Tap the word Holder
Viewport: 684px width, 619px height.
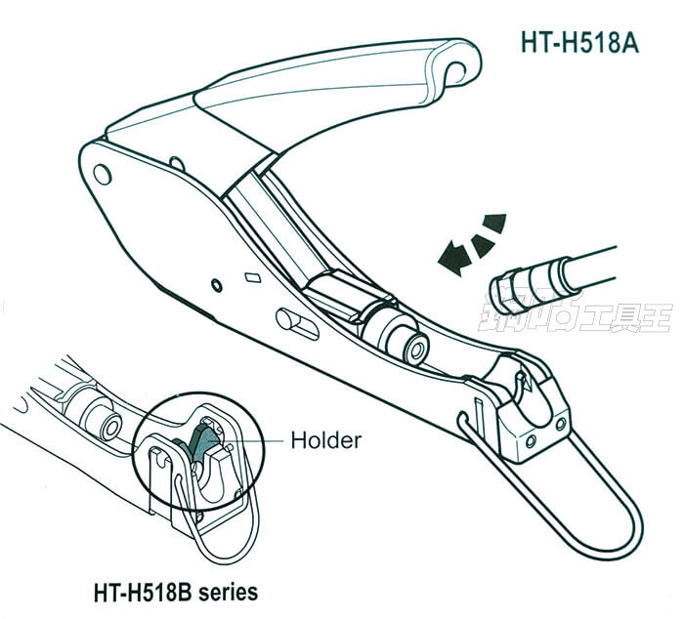325,440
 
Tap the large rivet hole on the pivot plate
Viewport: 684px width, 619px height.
101,173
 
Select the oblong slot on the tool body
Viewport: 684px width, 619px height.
297,323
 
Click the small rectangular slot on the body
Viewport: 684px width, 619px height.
252,276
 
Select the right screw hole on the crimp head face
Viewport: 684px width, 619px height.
560,423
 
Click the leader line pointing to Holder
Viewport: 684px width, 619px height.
257,440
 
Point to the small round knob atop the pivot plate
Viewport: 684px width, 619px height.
177,160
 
